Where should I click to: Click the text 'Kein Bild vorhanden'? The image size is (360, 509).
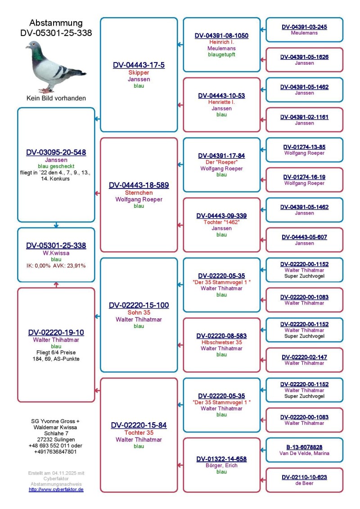(56, 98)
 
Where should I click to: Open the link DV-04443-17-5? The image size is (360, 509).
(139, 65)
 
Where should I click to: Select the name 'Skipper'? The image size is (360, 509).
(139, 73)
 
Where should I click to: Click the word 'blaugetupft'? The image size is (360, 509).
(221, 54)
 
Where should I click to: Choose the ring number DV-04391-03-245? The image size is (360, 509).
(305, 27)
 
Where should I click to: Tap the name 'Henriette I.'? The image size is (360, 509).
(221, 102)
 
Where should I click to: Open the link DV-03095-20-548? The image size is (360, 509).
(56, 152)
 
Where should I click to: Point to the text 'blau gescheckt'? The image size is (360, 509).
(56, 166)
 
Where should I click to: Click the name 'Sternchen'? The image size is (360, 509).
(139, 193)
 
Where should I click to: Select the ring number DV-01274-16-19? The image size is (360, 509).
(305, 177)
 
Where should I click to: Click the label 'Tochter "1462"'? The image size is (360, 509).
(221, 222)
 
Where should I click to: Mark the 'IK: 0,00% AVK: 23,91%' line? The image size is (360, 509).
(56, 266)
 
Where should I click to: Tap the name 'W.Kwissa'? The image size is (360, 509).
(56, 253)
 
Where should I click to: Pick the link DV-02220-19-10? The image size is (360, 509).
(56, 332)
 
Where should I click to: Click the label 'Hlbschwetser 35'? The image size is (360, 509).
(221, 342)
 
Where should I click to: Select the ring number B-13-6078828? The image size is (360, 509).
(305, 447)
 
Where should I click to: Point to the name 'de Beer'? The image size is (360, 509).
(305, 483)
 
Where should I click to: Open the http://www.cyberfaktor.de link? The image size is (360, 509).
(56, 489)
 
